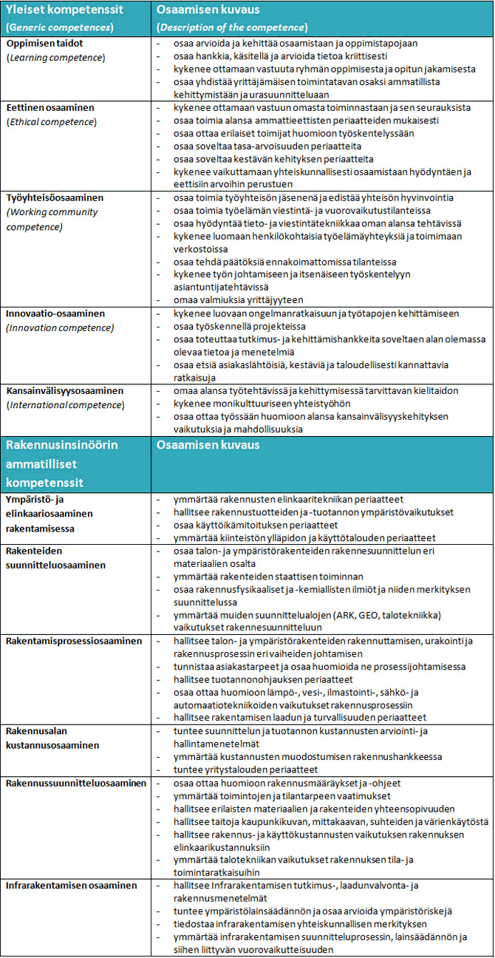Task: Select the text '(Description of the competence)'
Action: coord(232,27)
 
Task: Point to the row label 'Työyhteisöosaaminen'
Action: coord(55,199)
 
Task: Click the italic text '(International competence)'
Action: coord(66,404)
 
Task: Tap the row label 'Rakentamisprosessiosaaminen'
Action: coord(74,641)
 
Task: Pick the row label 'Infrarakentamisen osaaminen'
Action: coord(71,886)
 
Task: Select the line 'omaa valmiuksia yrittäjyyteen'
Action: coord(238,299)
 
